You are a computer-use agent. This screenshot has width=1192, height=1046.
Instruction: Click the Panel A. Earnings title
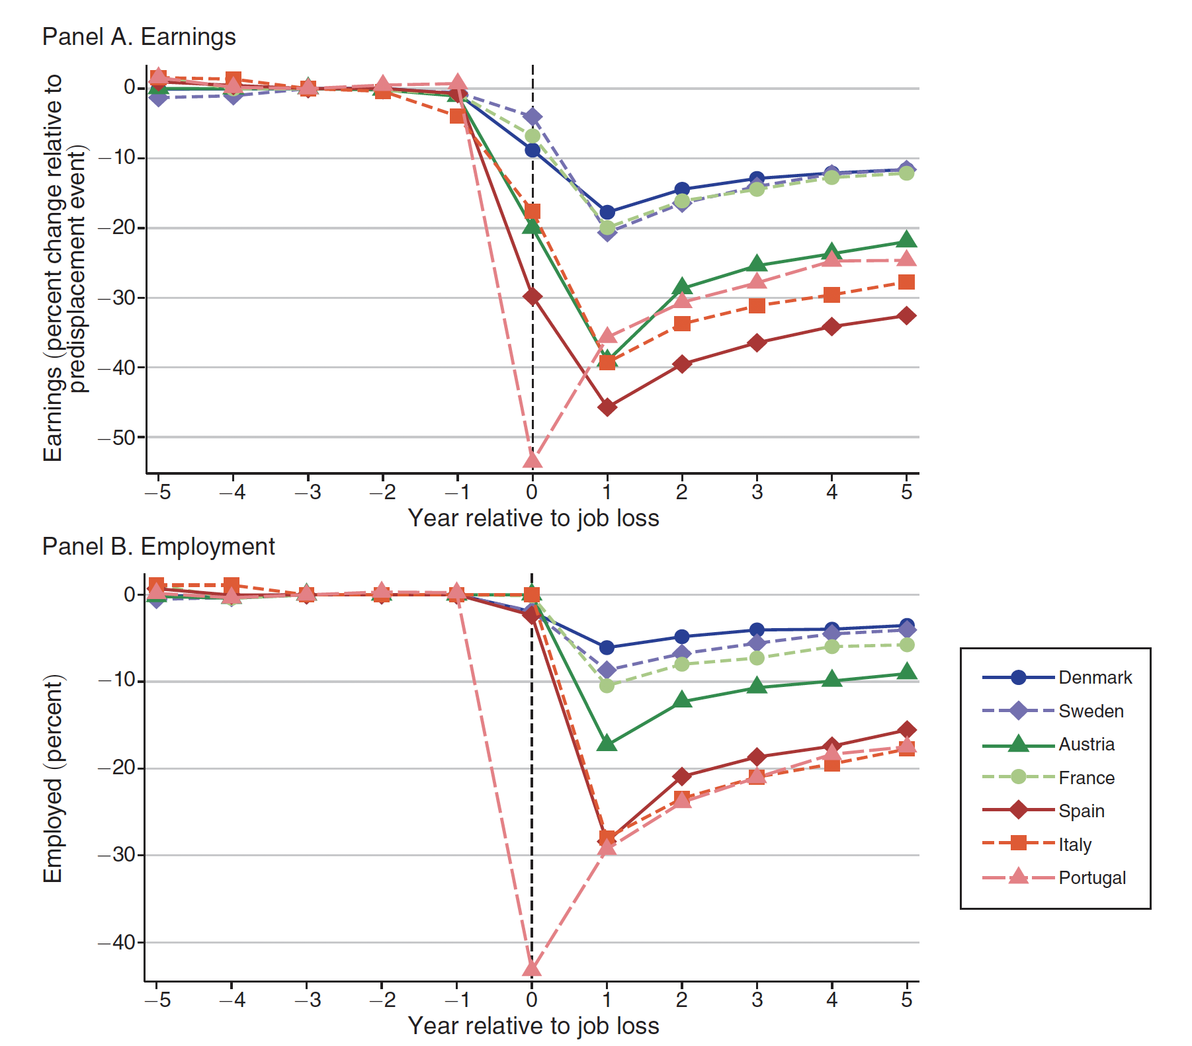coord(139,37)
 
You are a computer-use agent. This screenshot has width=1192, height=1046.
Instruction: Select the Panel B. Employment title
coord(158,547)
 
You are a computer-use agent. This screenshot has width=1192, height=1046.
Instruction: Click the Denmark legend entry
coord(1095,677)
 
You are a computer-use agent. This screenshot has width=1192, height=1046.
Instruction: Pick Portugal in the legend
coord(1091,877)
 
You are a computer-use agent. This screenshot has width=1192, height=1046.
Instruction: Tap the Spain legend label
coord(1081,811)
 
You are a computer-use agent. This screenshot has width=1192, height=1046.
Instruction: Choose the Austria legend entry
coord(1086,744)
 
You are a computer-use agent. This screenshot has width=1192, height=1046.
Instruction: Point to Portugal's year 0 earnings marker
coord(532,459)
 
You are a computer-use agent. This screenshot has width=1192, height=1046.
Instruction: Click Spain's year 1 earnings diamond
coord(607,407)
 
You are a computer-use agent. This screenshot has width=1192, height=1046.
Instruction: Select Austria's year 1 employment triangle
coord(607,744)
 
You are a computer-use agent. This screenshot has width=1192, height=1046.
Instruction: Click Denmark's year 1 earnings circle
coord(607,212)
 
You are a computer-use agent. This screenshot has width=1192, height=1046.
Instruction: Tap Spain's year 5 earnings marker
coord(907,316)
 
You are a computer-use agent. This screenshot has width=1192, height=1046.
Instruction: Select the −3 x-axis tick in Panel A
coord(308,492)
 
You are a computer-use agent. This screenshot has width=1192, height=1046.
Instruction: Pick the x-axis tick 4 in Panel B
coord(831,999)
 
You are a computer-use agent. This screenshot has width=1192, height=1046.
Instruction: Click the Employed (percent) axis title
coord(53,778)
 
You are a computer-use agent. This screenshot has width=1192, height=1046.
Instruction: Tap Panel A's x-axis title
coord(533,518)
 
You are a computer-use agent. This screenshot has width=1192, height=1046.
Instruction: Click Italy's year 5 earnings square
coord(907,282)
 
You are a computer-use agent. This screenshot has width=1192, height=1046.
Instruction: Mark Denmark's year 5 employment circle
coord(907,625)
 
